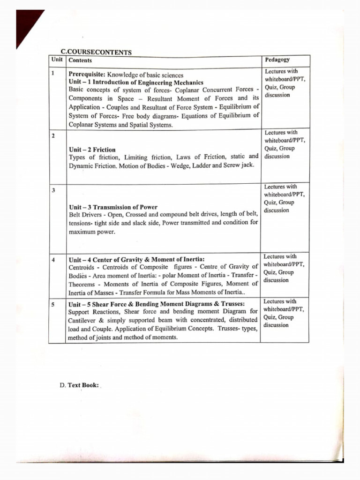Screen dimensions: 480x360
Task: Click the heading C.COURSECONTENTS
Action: tap(96, 52)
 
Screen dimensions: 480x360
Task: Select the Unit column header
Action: tap(57, 60)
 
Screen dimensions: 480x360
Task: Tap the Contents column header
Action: tap(80, 60)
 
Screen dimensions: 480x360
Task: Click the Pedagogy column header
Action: tap(277, 60)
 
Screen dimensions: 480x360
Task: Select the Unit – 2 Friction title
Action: tap(92, 150)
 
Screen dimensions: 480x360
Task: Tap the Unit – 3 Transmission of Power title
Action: tap(113, 207)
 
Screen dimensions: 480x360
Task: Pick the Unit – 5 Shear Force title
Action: tap(157, 304)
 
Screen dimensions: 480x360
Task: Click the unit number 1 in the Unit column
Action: tap(53, 73)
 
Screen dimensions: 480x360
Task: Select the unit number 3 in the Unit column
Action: tap(53, 190)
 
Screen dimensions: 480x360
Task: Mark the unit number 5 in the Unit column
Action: tap(53, 304)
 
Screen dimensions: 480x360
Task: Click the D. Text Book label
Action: tap(79, 385)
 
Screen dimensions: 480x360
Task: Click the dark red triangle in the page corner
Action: tap(26, 23)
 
